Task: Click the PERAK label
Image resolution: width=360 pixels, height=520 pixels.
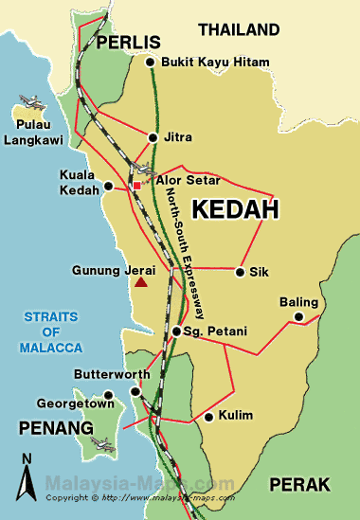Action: pyautogui.click(x=300, y=484)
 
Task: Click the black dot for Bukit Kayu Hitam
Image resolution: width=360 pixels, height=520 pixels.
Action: pyautogui.click(x=151, y=63)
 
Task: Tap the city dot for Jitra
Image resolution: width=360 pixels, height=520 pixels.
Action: pyautogui.click(x=153, y=137)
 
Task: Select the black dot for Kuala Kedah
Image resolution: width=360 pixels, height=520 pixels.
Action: pyautogui.click(x=109, y=186)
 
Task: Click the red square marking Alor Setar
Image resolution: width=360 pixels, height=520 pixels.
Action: pyautogui.click(x=136, y=186)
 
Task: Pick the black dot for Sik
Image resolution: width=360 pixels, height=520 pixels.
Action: pyautogui.click(x=239, y=273)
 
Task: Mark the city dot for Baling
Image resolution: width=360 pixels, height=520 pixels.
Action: pyautogui.click(x=298, y=316)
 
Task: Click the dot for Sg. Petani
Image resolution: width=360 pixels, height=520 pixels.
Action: pyautogui.click(x=176, y=332)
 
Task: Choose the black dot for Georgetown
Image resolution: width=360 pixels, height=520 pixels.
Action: pyautogui.click(x=109, y=395)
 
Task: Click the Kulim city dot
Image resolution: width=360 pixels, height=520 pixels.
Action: pyautogui.click(x=208, y=416)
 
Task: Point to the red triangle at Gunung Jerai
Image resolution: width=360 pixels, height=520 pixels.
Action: pyautogui.click(x=141, y=281)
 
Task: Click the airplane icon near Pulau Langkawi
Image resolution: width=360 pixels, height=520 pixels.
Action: pyautogui.click(x=29, y=100)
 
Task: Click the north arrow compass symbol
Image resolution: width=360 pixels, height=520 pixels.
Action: pyautogui.click(x=27, y=473)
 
